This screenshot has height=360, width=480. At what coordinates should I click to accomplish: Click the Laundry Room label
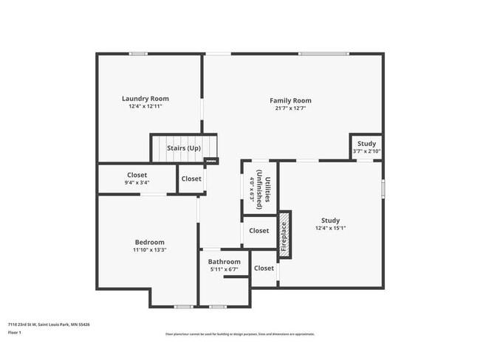pyautogui.click(x=145, y=98)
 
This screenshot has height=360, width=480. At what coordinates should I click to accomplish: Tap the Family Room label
pyautogui.click(x=290, y=100)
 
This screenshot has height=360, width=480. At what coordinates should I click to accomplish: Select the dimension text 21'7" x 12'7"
pyautogui.click(x=290, y=108)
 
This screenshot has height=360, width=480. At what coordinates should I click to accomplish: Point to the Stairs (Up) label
pyautogui.click(x=184, y=148)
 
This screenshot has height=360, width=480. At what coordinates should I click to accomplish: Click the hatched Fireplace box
pyautogui.click(x=284, y=235)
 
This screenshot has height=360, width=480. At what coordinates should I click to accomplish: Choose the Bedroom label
pyautogui.click(x=149, y=242)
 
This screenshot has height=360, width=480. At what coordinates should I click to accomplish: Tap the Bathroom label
pyautogui.click(x=224, y=262)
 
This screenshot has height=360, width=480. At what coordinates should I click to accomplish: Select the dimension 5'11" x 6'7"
pyautogui.click(x=224, y=269)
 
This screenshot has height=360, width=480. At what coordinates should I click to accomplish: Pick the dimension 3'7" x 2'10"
pyautogui.click(x=366, y=151)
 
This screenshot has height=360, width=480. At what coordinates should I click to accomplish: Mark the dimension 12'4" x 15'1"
pyautogui.click(x=330, y=228)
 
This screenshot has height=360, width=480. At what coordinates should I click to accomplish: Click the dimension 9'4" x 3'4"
pyautogui.click(x=137, y=182)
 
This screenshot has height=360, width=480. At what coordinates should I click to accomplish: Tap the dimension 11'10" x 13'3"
pyautogui.click(x=149, y=250)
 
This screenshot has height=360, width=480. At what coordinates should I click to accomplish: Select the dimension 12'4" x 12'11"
pyautogui.click(x=145, y=106)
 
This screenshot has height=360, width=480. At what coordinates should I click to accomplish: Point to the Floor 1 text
pyautogui.click(x=15, y=333)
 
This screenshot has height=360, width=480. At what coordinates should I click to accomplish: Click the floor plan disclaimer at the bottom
pyautogui.click(x=239, y=334)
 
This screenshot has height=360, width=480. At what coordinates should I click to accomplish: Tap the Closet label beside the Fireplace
pyautogui.click(x=259, y=231)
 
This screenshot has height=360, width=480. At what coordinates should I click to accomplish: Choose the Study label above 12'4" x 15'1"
pyautogui.click(x=330, y=220)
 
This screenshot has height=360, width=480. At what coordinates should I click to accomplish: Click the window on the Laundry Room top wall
pyautogui.click(x=138, y=53)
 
